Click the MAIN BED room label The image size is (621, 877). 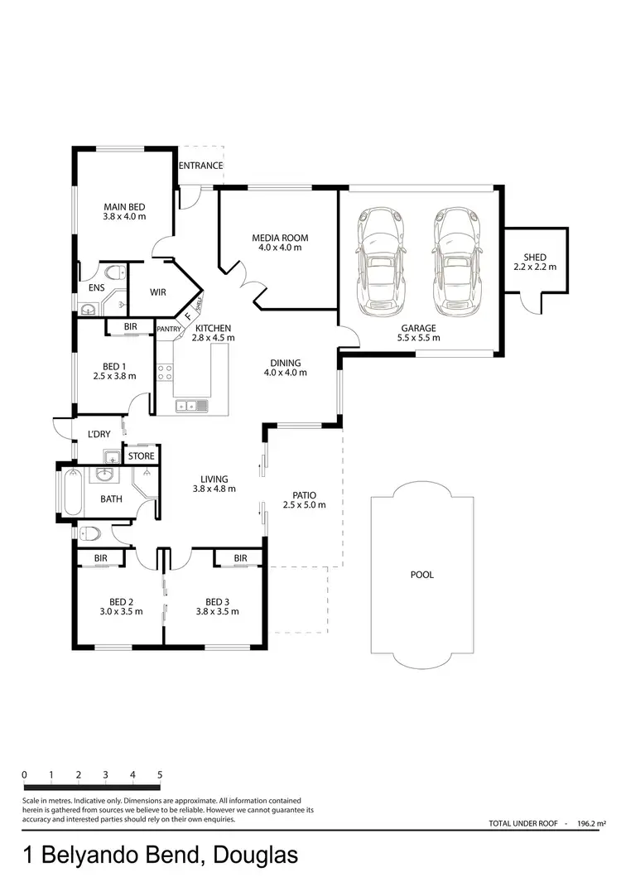[124, 207]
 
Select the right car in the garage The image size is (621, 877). [455, 258]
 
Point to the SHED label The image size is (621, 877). [535, 258]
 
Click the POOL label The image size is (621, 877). [422, 574]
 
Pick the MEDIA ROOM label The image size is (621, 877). [280, 238]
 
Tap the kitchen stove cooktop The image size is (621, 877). [164, 372]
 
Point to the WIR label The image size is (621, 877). [159, 292]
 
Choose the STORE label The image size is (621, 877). [141, 455]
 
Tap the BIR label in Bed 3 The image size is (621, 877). [240, 558]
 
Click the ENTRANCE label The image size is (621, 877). [201, 166]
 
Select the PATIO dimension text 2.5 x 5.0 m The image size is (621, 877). [299, 505]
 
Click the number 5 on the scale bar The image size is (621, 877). [159, 776]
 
